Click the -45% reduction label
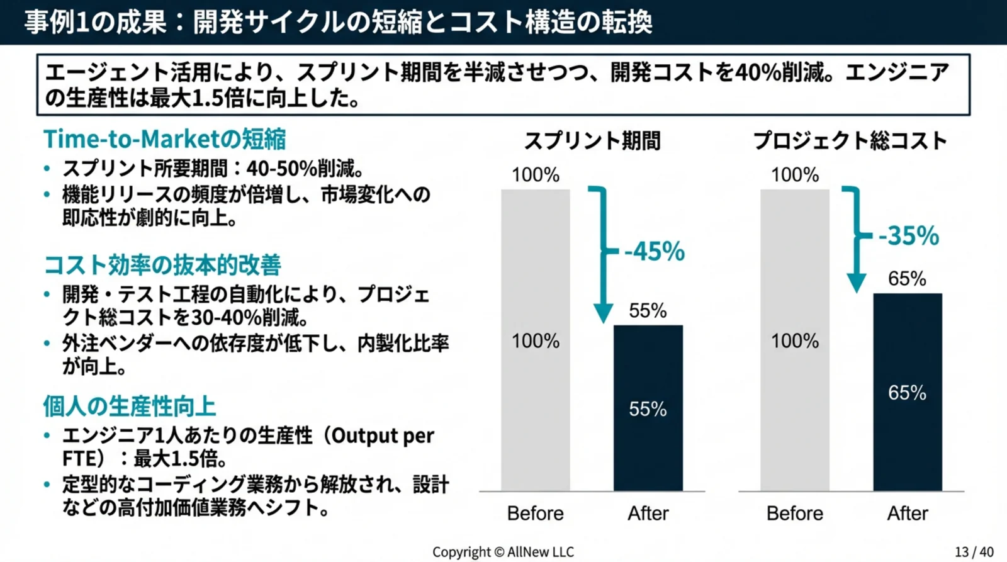pos(654,252)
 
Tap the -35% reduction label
pos(908,236)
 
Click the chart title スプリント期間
pos(592,140)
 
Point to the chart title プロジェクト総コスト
pos(850,140)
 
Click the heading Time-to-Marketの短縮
pos(164,139)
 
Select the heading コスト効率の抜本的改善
pos(162,265)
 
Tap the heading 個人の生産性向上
pos(130,407)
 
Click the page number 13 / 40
pos(974,552)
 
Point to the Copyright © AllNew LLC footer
pos(503,552)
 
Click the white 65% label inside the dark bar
pos(907,393)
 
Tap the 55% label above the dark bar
pos(648,310)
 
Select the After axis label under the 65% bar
pos(907,514)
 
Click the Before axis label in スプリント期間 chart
pos(535,514)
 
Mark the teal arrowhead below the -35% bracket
pos(856,284)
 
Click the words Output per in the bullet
pos(383,436)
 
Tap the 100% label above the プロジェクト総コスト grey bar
pos(795,174)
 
